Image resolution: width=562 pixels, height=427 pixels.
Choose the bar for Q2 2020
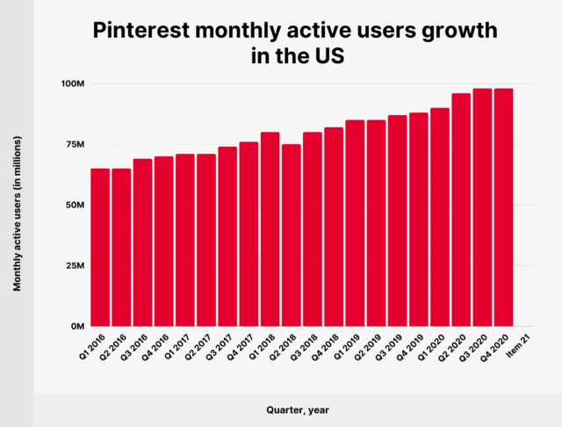461,210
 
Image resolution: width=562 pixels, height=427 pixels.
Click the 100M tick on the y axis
71,83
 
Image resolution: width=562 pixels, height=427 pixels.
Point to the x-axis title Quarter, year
298,409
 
